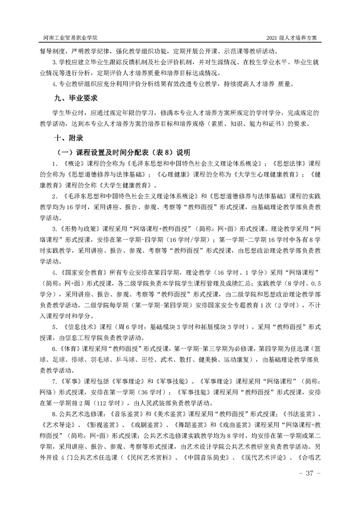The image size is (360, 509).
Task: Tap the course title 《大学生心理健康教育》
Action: pyautogui.click(x=252, y=173)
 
